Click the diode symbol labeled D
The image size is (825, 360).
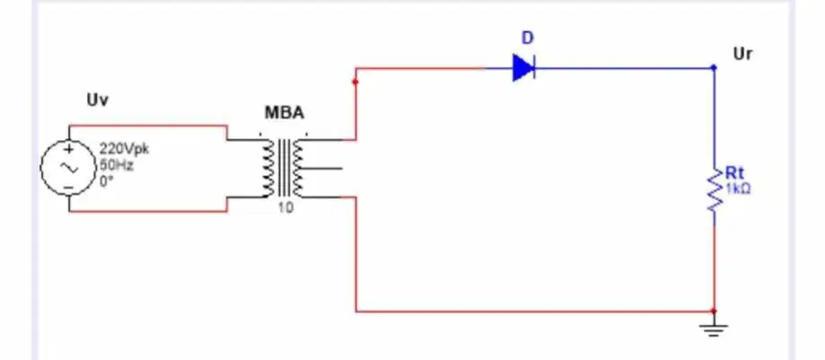point(524,68)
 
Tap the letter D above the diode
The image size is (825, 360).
point(527,38)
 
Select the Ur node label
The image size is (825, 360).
point(742,54)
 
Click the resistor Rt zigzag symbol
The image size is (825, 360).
point(714,190)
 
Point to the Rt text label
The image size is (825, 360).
point(734,172)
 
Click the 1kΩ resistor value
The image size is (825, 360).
point(738,189)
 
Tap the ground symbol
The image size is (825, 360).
point(714,329)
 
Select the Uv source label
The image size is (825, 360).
point(97,100)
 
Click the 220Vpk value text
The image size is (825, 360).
point(124,149)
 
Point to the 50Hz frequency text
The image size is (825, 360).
point(117,166)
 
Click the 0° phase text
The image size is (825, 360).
point(108,181)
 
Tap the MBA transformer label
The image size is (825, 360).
point(284,112)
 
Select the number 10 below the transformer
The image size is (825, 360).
point(285,208)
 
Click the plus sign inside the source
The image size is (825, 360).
point(68,149)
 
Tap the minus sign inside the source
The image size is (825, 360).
point(68,188)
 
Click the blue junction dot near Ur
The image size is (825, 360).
point(714,67)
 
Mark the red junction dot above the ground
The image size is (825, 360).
point(714,311)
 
